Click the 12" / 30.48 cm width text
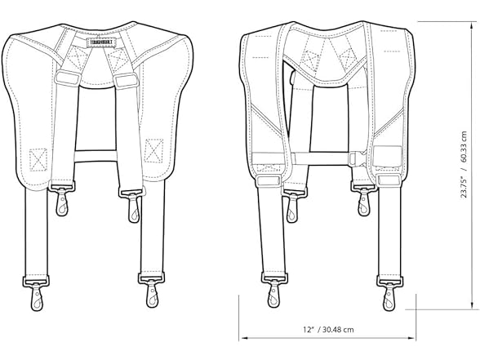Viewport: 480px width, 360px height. coord(327,330)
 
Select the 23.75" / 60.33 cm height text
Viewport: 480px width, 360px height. coord(464,171)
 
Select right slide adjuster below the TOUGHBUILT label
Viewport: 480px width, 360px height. coord(125,80)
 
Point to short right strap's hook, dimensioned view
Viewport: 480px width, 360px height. coord(363,201)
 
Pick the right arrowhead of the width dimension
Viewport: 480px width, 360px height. coord(416,341)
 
